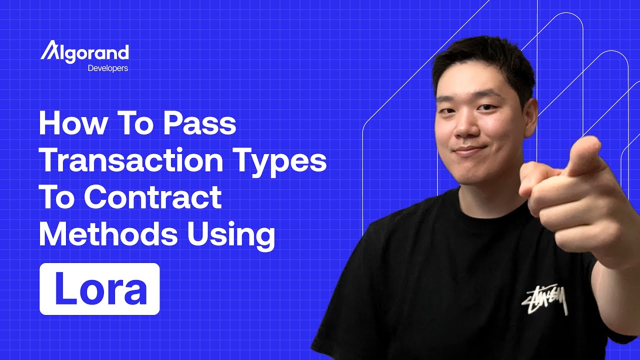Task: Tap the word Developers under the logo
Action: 107,68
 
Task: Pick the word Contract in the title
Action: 152,197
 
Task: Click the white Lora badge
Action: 99,289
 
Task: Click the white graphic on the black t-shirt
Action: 545,300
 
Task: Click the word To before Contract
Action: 57,197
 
